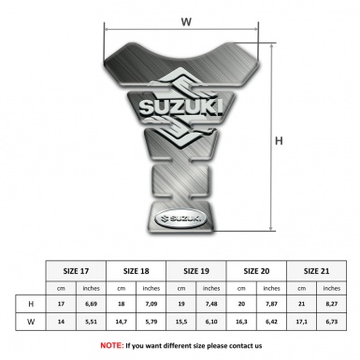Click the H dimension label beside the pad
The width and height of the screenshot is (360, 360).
pyautogui.click(x=279, y=141)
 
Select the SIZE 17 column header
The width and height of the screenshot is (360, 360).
pyautogui.click(x=77, y=269)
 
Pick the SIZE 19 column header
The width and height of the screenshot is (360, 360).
pyautogui.click(x=197, y=269)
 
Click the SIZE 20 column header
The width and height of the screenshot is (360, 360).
pyautogui.click(x=257, y=269)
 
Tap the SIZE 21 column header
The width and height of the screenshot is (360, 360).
pyautogui.click(x=317, y=269)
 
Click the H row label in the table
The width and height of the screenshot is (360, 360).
pyautogui.click(x=32, y=304)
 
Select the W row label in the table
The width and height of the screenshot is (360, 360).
pyautogui.click(x=32, y=323)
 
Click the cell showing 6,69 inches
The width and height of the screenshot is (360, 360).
pyautogui.click(x=91, y=304)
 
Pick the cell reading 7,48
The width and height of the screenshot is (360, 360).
pyautogui.click(x=212, y=304)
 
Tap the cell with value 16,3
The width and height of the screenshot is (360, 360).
pyautogui.click(x=242, y=323)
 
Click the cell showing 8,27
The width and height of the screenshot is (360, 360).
pyautogui.click(x=332, y=304)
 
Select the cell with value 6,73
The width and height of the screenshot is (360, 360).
pyautogui.click(x=332, y=323)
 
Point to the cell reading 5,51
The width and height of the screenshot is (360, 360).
pyautogui.click(x=91, y=323)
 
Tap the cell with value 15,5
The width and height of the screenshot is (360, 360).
pyautogui.click(x=181, y=323)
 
